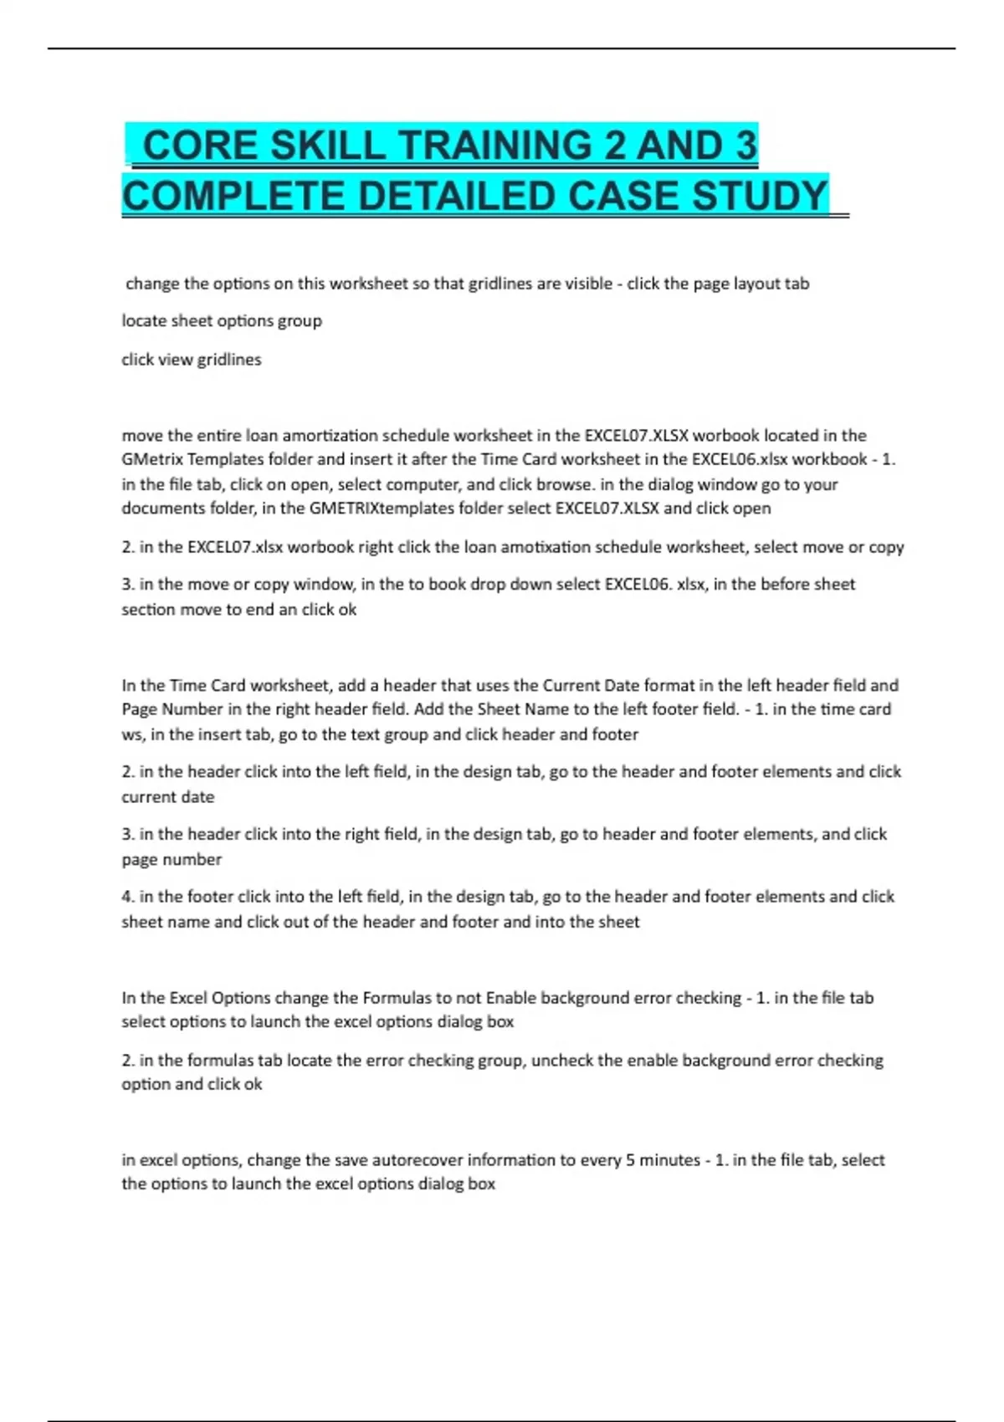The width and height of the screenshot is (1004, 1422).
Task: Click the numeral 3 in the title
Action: [745, 146]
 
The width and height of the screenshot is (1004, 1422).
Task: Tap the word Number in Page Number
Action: [192, 709]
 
